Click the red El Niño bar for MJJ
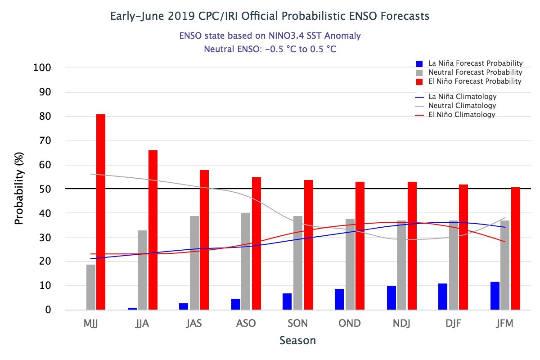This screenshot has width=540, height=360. (x=101, y=212)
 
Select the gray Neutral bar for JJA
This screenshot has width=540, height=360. (x=142, y=270)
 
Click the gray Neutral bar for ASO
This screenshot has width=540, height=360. (x=246, y=261)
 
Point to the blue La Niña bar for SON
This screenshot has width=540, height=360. (x=287, y=301)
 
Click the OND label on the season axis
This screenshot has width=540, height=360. (x=349, y=324)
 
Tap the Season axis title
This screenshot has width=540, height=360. (x=297, y=341)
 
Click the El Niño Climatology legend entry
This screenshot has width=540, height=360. (x=462, y=115)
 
